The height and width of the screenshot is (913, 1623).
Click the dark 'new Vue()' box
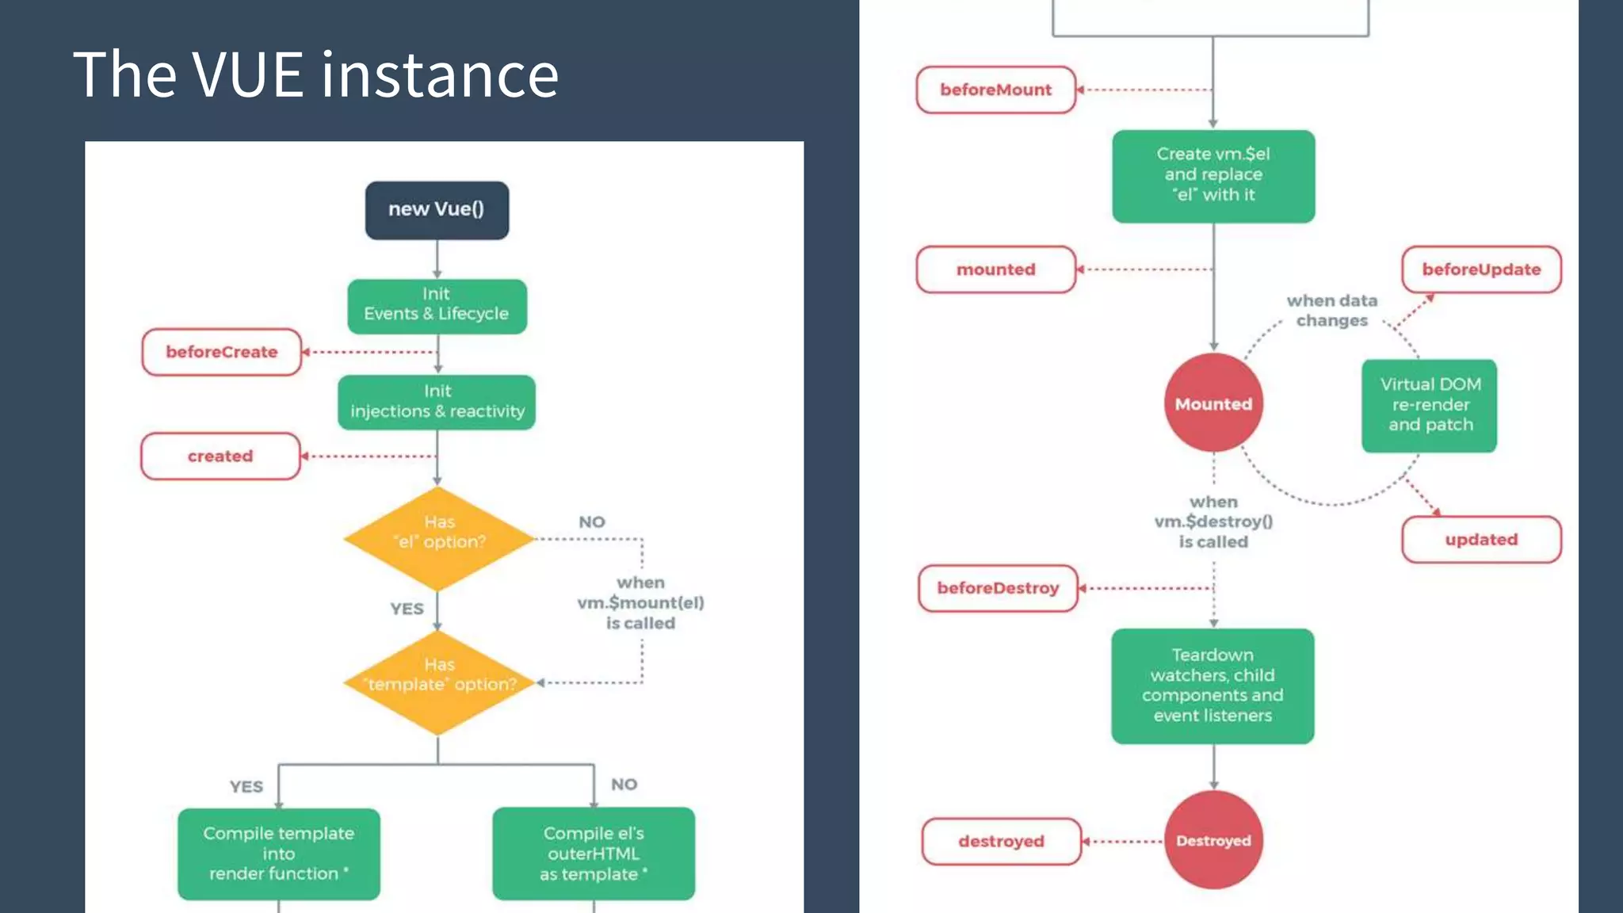pyautogui.click(x=437, y=210)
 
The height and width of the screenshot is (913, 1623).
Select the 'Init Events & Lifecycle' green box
pyautogui.click(x=437, y=305)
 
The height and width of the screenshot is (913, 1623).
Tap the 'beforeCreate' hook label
pyautogui.click(x=222, y=352)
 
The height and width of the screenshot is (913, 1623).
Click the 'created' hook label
pyautogui.click(x=220, y=456)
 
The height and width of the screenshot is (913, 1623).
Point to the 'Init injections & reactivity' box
pyautogui.click(x=437, y=402)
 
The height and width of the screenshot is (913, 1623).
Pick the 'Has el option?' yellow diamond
pyautogui.click(x=439, y=538)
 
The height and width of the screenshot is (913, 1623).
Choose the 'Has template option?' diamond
pyautogui.click(x=439, y=682)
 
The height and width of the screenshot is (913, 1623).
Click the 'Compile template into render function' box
pyautogui.click(x=278, y=854)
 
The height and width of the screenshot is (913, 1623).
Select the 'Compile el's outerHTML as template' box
pyautogui.click(x=594, y=854)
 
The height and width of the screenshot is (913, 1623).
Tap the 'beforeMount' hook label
pyautogui.click(x=995, y=90)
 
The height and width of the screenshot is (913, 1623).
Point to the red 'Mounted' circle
pyautogui.click(x=1213, y=403)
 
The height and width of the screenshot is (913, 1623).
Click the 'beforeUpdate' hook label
pyautogui.click(x=1481, y=269)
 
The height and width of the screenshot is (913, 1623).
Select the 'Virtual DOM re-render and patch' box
pyautogui.click(x=1430, y=405)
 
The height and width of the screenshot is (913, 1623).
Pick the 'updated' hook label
pyautogui.click(x=1481, y=540)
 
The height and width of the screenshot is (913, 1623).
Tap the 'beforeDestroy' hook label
pyautogui.click(x=998, y=588)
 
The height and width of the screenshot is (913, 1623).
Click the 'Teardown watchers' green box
pyautogui.click(x=1212, y=686)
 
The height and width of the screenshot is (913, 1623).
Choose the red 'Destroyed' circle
pyautogui.click(x=1213, y=840)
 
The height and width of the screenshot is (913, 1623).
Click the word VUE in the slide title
pyautogui.click(x=248, y=75)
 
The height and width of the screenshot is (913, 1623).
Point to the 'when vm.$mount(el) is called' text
pyautogui.click(x=640, y=602)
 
